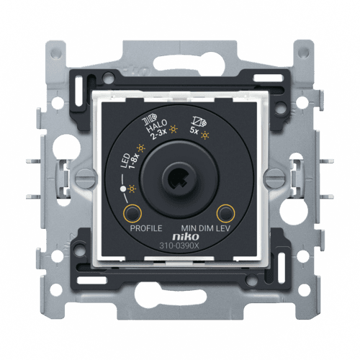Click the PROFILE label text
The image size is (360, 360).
click(x=146, y=228)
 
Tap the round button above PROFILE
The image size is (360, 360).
click(x=132, y=213)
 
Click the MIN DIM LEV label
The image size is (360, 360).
click(x=205, y=228)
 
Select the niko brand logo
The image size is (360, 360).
click(x=186, y=237)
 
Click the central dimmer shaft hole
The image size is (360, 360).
click(x=179, y=179)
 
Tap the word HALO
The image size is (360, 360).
click(x=157, y=126)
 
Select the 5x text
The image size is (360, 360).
click(x=194, y=131)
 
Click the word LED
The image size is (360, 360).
click(x=125, y=160)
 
